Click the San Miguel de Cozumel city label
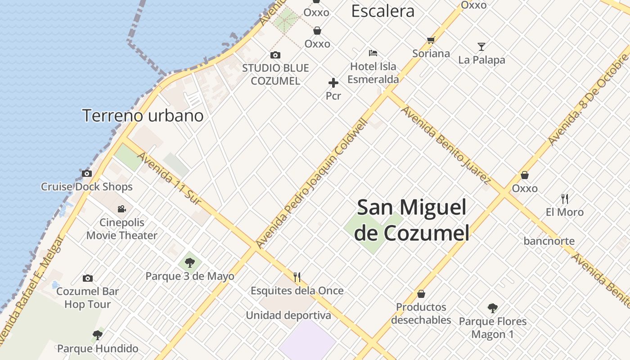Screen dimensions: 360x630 tap(411, 220)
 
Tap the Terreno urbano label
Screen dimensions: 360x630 tap(143, 116)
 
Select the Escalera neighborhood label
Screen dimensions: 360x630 tap(382, 11)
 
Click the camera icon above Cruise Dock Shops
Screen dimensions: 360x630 tap(87, 174)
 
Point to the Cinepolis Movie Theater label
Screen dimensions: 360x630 tap(122, 229)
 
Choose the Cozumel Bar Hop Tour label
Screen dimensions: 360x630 tap(87, 297)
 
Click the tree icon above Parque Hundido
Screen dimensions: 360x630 tap(97, 335)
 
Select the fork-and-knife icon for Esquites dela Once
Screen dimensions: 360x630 tap(297, 277)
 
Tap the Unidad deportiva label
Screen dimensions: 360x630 tap(288, 315)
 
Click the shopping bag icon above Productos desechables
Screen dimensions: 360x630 tap(421, 294)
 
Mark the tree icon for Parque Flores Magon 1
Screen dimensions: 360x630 tap(493, 309)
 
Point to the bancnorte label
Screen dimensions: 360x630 tap(549, 241)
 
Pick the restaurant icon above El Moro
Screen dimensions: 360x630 tap(565, 198)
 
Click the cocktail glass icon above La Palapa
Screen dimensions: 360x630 tap(481, 47)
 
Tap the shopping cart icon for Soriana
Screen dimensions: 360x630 tap(431, 40)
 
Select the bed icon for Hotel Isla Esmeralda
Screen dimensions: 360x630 tap(373, 53)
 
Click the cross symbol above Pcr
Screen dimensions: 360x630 tap(333, 83)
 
